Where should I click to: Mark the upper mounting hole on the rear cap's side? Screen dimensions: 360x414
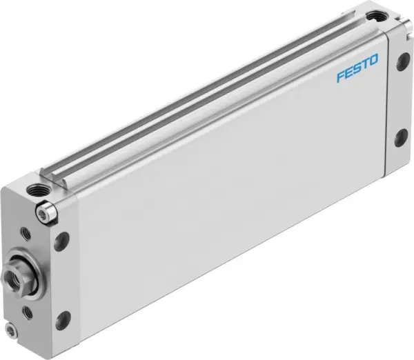[401, 62]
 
